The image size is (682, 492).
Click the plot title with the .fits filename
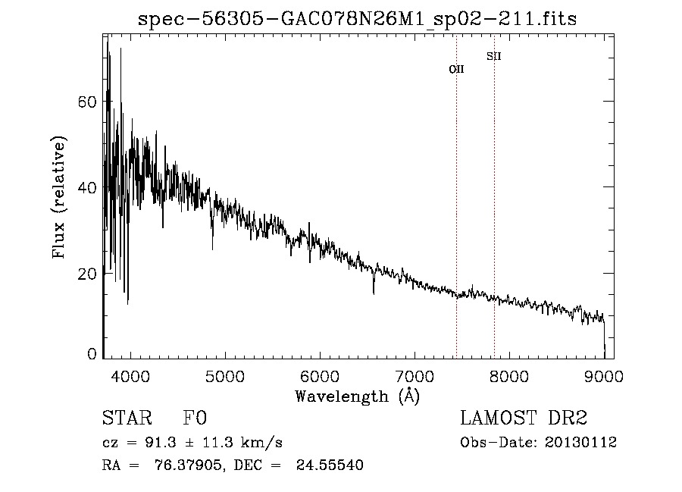coord(357,19)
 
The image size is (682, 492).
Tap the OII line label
coord(456,69)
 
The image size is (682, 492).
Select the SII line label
coord(494,56)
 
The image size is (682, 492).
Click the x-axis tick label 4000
coord(130,375)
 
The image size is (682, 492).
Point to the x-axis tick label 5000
coord(225,375)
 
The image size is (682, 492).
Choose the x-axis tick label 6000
coord(320,375)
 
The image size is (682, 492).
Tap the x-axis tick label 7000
coord(415,375)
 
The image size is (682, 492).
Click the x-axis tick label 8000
coord(509,375)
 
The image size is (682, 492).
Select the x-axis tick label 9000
coord(604,375)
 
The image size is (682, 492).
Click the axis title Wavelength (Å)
coord(357,395)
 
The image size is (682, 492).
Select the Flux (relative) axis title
coord(59,197)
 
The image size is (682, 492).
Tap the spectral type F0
coord(195,418)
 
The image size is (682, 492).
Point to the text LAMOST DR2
coord(524,418)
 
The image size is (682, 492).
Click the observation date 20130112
coord(580,443)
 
